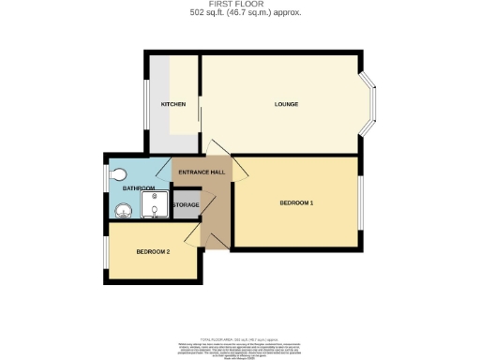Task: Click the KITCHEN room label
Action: pos(172,104)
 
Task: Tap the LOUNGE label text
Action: pos(286,104)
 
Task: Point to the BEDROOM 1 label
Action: pos(296,203)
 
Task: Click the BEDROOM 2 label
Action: pos(152,252)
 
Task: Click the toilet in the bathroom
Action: pos(117,174)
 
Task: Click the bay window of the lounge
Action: pos(372,104)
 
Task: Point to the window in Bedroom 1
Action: pos(359,202)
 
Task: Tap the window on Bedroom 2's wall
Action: pos(107,251)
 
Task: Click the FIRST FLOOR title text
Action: pos(240,6)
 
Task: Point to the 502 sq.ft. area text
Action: pos(240,15)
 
